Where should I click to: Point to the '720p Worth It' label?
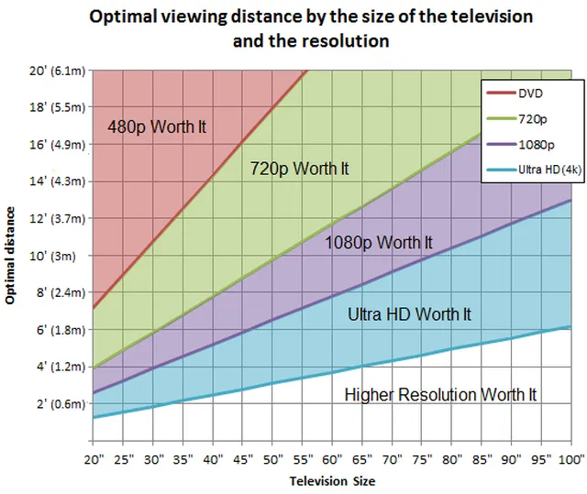click(299, 169)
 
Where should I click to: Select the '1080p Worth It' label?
click(378, 242)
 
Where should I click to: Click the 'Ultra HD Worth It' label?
click(409, 314)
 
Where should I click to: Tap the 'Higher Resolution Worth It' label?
click(439, 395)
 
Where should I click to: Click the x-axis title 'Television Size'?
click(332, 480)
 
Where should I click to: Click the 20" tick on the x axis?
click(94, 457)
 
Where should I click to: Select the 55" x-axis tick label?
click(304, 457)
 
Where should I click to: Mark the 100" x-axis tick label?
click(570, 457)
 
